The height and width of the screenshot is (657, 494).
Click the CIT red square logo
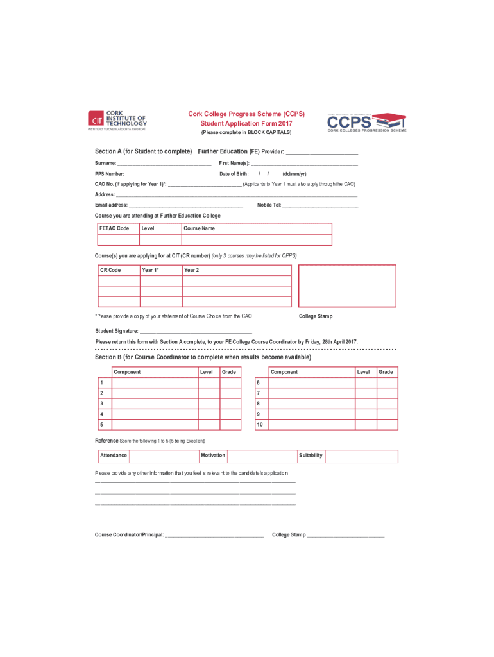click(96, 120)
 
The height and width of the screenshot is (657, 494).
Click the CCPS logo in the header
click(366, 121)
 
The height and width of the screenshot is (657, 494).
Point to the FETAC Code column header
click(114, 228)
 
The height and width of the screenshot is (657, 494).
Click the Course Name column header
click(200, 228)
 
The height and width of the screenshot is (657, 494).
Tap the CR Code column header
click(110, 270)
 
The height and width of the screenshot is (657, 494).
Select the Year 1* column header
click(150, 270)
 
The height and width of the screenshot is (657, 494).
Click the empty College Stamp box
click(348, 286)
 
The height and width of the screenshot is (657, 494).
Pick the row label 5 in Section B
click(101, 425)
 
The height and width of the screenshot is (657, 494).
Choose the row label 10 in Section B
click(260, 425)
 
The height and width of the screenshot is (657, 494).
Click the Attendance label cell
click(114, 456)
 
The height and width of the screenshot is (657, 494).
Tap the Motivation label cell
click(213, 456)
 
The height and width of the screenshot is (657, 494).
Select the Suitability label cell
click(311, 456)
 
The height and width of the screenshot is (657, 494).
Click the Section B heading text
click(203, 357)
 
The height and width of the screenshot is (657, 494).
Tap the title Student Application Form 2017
click(246, 123)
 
